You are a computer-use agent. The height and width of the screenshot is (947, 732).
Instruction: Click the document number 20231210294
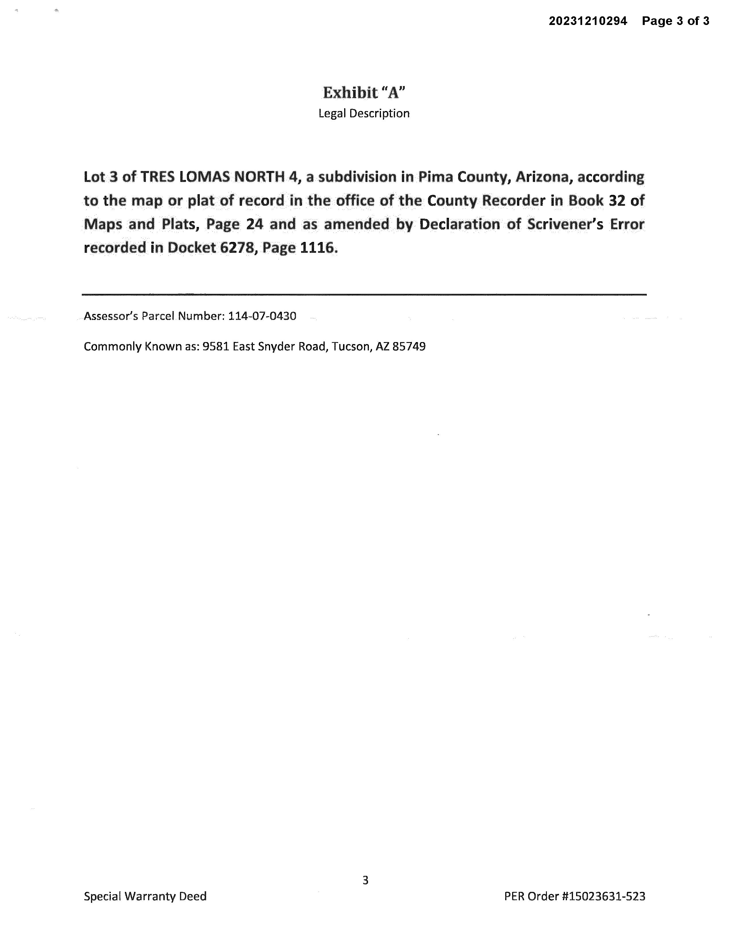point(588,21)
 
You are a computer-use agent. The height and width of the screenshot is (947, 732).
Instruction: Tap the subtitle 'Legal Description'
point(364,114)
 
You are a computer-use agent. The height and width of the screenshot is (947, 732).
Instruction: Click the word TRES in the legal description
point(156,177)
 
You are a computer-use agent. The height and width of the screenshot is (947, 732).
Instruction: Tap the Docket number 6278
point(236,248)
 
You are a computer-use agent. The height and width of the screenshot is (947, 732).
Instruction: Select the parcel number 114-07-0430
point(262,316)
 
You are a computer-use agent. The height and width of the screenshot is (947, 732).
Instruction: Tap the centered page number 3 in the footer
point(365,880)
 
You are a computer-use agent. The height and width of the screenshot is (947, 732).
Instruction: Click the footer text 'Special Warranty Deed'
point(145,896)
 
